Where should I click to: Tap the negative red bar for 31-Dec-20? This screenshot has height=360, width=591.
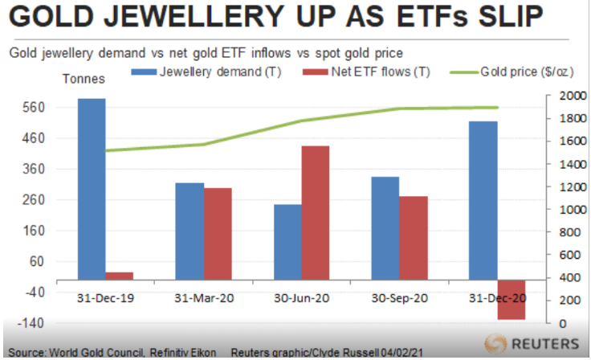tap(512, 301)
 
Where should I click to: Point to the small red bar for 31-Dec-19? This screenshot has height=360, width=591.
tap(120, 276)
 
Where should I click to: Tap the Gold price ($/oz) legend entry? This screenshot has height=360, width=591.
tap(526, 72)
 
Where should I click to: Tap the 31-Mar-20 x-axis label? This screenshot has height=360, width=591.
tap(203, 298)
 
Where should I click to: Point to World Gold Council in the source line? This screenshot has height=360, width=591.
tap(94, 353)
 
